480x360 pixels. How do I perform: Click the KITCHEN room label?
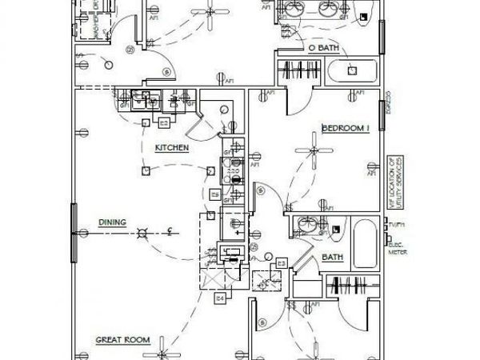click(172, 149)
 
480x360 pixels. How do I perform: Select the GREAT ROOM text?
click(123, 340)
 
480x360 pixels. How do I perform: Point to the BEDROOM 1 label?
click(345, 127)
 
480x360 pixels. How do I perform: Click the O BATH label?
click(324, 48)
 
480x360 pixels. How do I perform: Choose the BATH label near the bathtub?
click(332, 258)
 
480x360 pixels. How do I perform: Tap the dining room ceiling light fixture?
click(142, 234)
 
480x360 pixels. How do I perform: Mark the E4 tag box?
click(221, 298)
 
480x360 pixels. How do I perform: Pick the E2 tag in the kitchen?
click(163, 123)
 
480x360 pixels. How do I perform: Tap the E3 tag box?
click(281, 262)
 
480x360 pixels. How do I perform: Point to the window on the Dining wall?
click(74, 233)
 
